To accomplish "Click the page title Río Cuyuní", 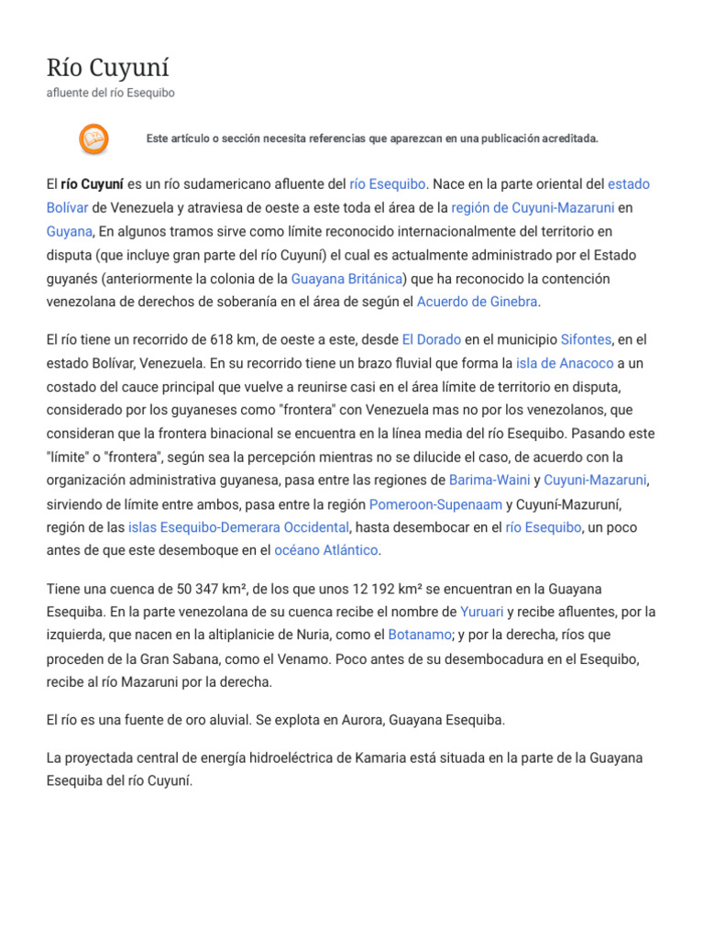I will (108, 67).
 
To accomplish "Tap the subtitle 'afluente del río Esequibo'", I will (110, 93).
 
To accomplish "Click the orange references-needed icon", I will (93, 138).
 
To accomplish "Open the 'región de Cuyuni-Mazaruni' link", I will (533, 207).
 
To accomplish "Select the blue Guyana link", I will (70, 231).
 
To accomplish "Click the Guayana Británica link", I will (346, 278).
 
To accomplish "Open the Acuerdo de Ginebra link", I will (478, 301).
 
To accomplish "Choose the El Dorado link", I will (431, 339).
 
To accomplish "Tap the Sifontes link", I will (585, 339).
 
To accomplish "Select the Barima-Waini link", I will (489, 480).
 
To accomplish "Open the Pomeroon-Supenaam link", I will (435, 503).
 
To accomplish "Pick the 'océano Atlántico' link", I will (326, 550).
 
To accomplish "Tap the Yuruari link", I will (481, 612).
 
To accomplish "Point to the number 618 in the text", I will (212, 339).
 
